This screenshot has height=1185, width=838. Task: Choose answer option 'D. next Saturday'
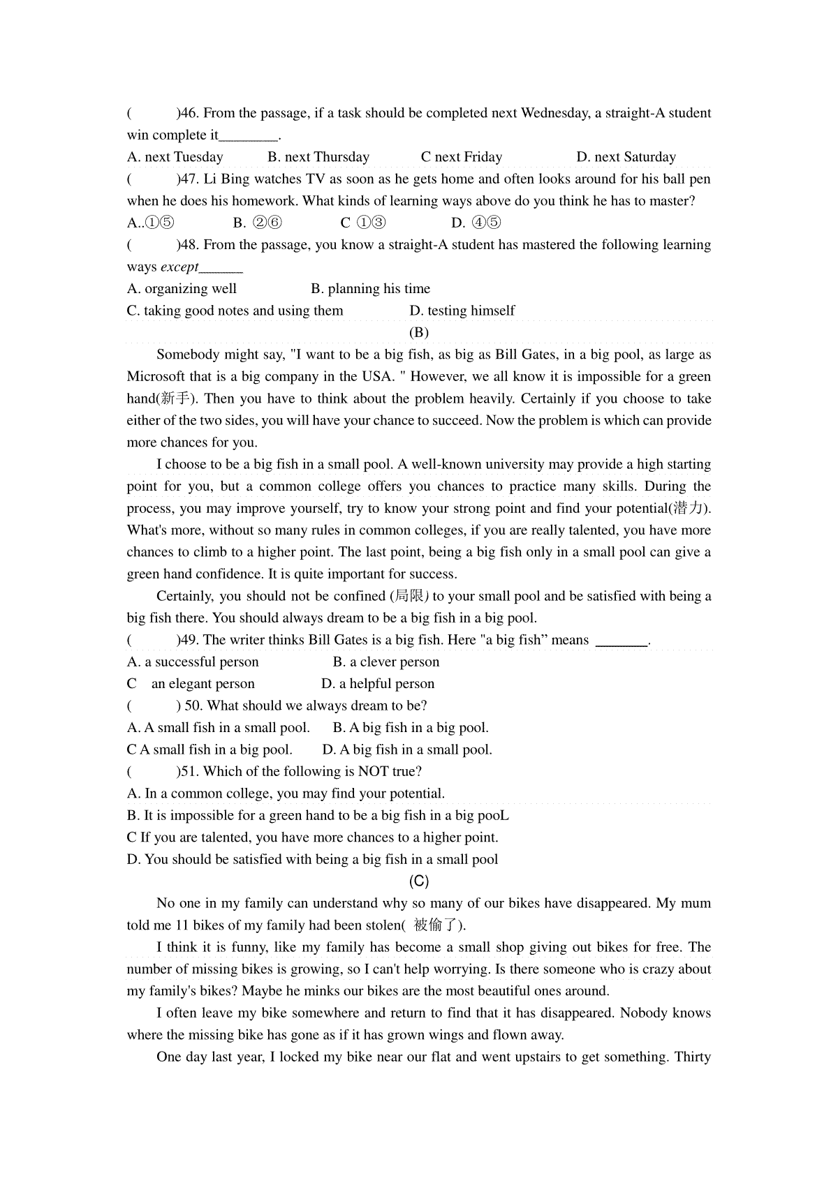626,157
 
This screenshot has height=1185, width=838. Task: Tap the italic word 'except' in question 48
179,267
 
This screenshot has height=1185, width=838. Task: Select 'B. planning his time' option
370,289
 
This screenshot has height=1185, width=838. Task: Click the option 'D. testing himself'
462,311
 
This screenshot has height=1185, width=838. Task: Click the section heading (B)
419,332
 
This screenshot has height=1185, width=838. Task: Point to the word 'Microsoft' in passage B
156,377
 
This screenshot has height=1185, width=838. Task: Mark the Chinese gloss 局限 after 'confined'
409,596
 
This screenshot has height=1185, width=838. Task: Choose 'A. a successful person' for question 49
193,662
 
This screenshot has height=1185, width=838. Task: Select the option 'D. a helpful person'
378,684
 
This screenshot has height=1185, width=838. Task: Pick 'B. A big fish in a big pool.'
411,728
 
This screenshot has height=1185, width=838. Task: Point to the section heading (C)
419,881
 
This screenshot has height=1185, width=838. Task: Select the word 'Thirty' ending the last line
692,1057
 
